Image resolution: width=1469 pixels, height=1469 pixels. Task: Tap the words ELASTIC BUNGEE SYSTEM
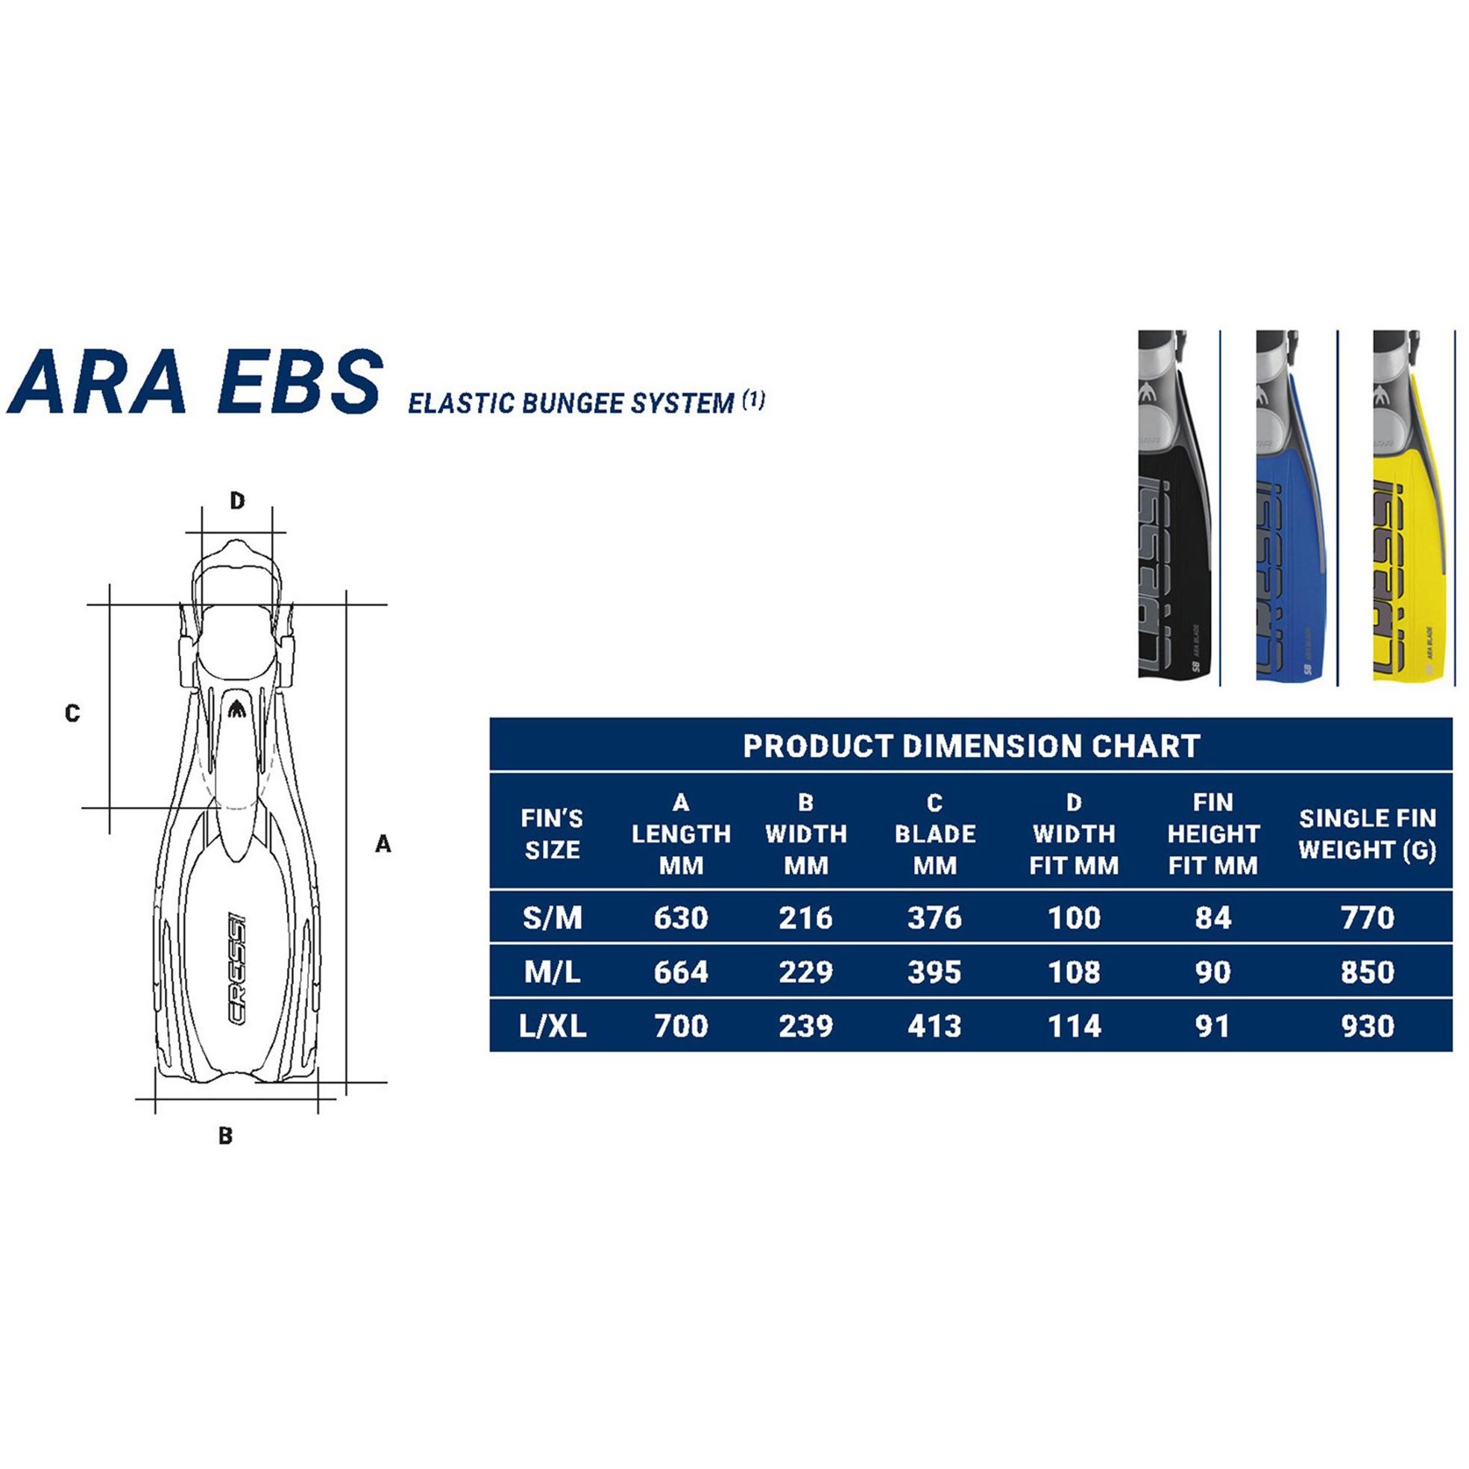(571, 403)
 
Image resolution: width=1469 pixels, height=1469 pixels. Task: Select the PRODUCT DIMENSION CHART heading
(971, 746)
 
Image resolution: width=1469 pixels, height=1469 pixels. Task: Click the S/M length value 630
(681, 918)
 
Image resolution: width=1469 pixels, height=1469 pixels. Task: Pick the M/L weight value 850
(1367, 972)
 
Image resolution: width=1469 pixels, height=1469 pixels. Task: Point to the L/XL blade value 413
(934, 1027)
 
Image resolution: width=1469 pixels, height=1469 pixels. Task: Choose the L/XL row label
(552, 1027)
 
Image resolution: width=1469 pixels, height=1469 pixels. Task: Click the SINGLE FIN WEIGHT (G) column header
(1367, 834)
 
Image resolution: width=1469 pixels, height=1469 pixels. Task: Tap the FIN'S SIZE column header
(552, 834)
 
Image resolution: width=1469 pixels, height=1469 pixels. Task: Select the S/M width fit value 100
(1074, 918)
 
